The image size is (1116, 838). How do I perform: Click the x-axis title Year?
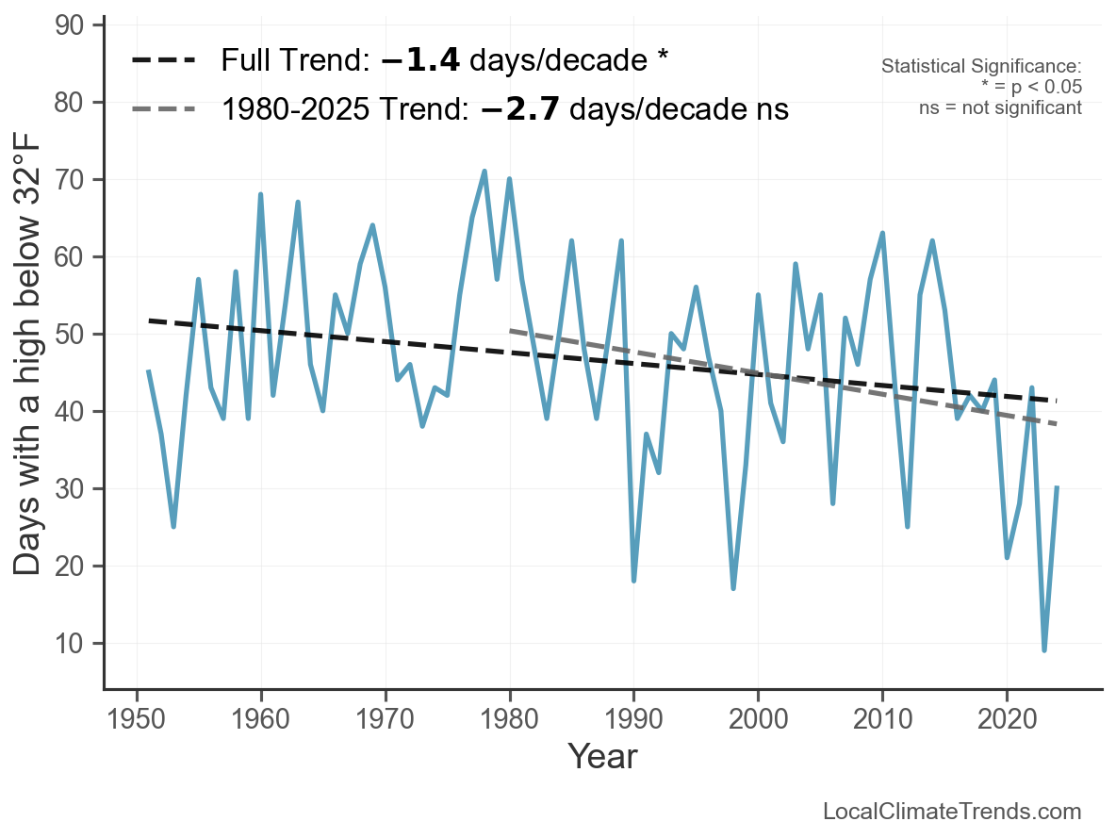point(602,756)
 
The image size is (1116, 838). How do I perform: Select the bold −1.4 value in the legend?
point(420,60)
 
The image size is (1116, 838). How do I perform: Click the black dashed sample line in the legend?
point(163,60)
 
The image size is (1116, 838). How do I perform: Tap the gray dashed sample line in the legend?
point(163,109)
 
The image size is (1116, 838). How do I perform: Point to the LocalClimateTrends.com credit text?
point(952,812)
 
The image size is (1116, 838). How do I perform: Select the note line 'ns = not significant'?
point(1000,107)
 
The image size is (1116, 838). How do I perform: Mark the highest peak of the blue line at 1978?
point(484,172)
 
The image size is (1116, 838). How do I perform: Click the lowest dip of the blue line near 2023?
point(1044,649)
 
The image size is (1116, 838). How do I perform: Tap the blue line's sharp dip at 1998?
point(733,588)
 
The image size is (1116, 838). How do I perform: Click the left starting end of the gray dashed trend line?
point(510,331)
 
